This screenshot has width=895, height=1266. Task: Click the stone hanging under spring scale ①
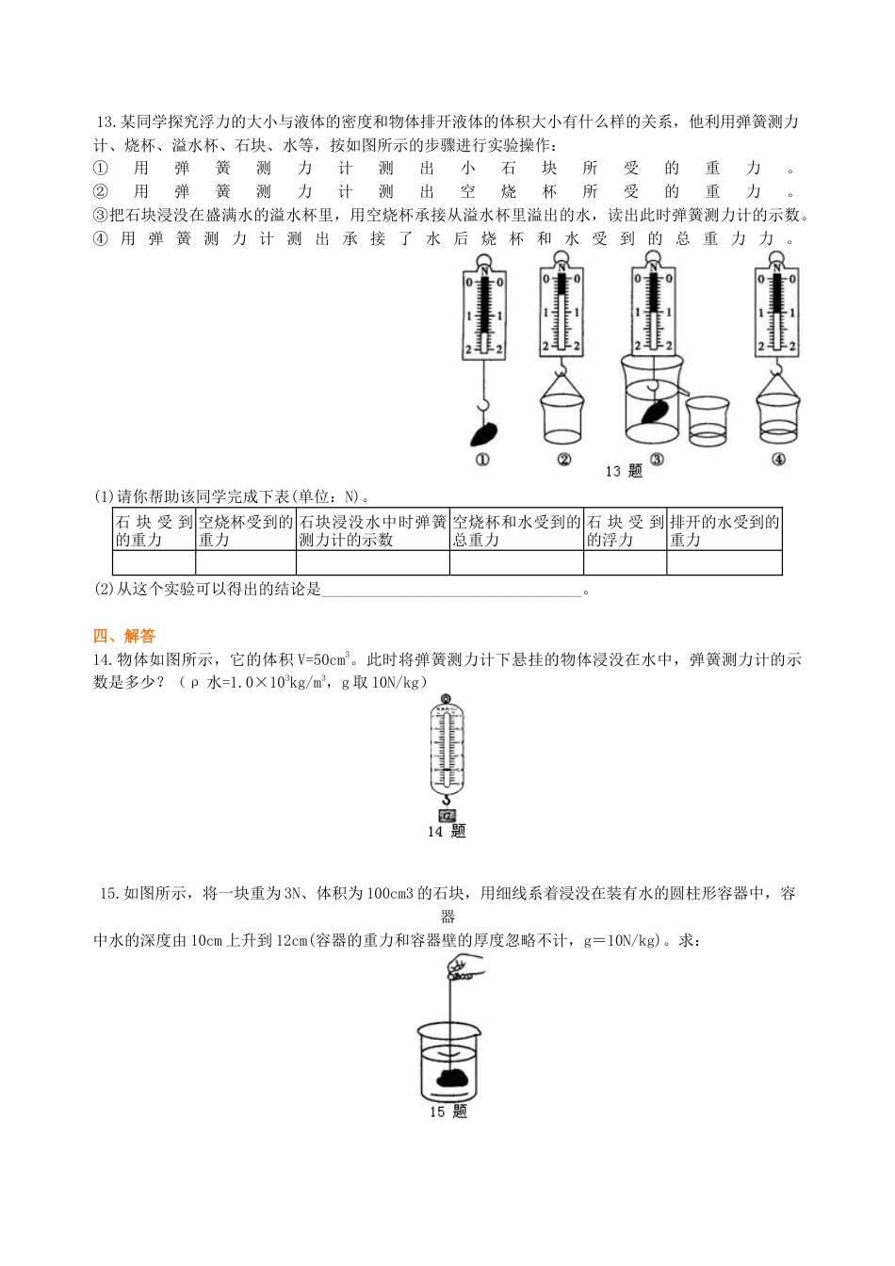click(484, 433)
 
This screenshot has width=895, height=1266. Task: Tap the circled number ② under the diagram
click(563, 460)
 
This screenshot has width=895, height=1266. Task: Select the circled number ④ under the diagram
click(778, 460)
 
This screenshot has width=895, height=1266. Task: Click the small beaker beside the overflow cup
click(708, 420)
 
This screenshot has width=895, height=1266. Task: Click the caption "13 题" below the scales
click(623, 471)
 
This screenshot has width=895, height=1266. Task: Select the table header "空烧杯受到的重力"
click(245, 530)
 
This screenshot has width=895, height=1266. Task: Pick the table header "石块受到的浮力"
click(625, 530)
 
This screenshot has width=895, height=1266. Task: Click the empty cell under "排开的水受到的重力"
click(724, 562)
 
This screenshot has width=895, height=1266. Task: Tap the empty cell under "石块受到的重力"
click(154, 562)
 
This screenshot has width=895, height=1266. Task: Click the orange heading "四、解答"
click(124, 637)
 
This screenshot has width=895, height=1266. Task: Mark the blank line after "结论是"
click(452, 591)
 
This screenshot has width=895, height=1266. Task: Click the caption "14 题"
click(447, 831)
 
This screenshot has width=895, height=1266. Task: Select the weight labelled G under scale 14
click(447, 816)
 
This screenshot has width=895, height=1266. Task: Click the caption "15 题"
click(447, 1112)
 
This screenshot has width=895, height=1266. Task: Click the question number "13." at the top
click(106, 122)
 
